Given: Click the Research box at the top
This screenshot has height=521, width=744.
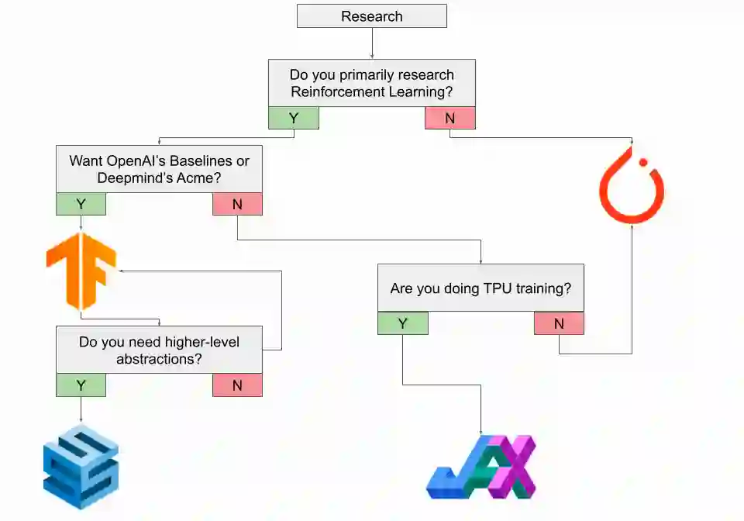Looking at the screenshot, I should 372,16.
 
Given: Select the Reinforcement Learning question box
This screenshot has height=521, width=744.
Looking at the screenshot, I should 372,83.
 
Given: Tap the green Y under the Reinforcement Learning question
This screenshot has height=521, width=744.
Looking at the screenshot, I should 294,118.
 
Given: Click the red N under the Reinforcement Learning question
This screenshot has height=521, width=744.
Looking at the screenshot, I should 450,118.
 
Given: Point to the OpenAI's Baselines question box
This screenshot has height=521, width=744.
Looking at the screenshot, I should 159,169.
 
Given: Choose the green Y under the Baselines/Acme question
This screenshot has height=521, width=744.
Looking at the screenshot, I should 81,204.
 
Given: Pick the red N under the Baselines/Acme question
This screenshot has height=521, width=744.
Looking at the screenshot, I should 237,204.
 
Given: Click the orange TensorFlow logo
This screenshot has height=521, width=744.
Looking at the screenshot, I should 81,271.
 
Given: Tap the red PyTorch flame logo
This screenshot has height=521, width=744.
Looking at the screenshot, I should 632,187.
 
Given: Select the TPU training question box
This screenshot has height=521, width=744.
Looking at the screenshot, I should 480,288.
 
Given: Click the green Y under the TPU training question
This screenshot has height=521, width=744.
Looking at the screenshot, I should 403,323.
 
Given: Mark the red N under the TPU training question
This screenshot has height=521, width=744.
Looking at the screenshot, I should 559,323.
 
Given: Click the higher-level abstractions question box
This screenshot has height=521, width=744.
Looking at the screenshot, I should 159,350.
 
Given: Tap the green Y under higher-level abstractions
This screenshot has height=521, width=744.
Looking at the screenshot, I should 81,385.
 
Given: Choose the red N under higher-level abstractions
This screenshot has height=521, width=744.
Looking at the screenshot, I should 237,385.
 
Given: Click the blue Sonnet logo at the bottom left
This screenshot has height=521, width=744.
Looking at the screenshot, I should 81,467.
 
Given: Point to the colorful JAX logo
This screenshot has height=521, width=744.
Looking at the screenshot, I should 481,468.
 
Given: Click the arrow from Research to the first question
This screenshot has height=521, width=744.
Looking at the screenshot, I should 372,43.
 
